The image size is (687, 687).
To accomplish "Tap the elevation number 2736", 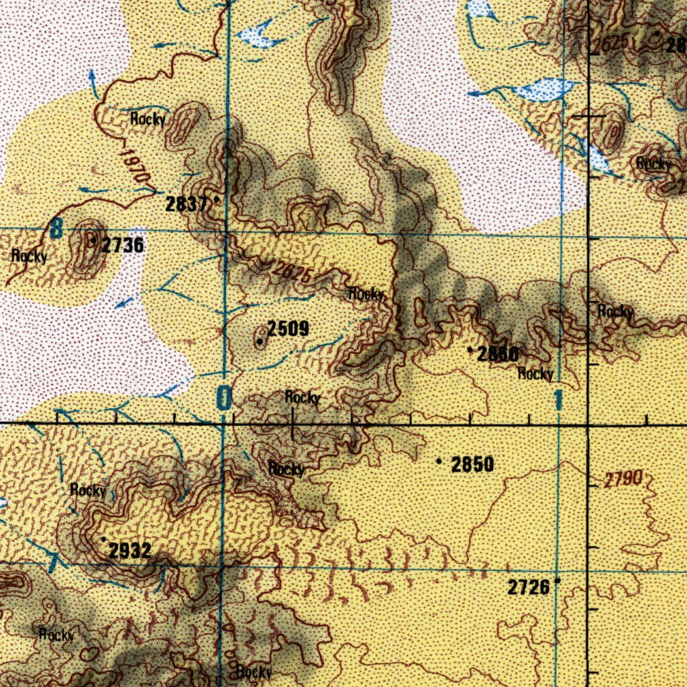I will (122, 246).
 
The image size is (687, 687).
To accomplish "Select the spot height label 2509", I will (288, 329).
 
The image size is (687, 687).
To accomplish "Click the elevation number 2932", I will (130, 551).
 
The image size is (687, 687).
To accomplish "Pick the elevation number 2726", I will (529, 588).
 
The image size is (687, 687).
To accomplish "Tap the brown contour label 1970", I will (134, 164).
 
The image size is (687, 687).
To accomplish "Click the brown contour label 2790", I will (623, 480).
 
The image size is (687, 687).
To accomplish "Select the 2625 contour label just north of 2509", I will (293, 272).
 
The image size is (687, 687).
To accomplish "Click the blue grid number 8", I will (56, 231).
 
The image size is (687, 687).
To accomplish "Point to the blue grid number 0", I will (223, 399).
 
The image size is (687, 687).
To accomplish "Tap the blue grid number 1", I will (558, 402).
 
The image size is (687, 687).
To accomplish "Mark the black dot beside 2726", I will (558, 582).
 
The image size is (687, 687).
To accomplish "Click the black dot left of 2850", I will (439, 462).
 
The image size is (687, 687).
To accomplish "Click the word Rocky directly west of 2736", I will (30, 256).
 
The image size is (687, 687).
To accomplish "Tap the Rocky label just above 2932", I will (88, 490).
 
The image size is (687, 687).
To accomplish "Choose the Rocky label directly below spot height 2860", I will (535, 374).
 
